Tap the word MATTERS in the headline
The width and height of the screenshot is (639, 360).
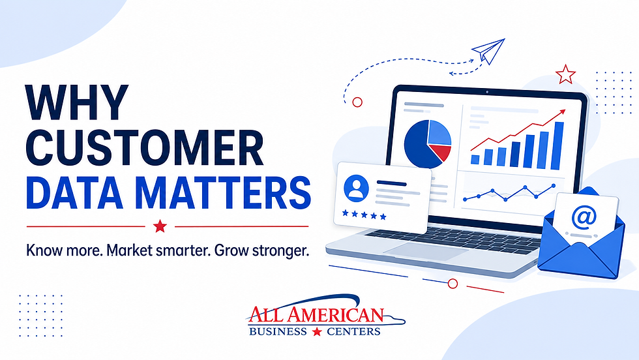223,192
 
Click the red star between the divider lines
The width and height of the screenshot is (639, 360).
160,226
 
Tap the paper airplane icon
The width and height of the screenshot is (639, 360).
488,51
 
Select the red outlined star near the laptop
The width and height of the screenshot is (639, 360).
565,74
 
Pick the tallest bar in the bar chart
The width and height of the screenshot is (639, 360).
557,145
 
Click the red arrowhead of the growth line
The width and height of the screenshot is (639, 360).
562,112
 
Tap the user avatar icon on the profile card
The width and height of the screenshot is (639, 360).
356,188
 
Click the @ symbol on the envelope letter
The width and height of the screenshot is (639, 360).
584,217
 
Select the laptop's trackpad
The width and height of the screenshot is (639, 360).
425,251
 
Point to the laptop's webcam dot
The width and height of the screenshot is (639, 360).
487,92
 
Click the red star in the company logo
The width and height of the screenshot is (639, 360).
317,331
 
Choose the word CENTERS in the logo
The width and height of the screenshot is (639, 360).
353,331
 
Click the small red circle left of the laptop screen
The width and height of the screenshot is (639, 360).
357,102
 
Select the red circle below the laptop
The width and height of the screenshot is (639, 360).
453,284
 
